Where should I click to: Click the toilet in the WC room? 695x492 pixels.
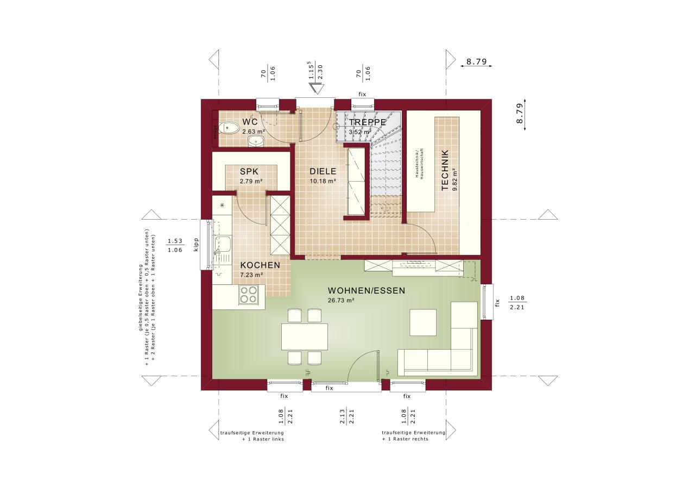[232, 128]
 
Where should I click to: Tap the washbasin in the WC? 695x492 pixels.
[255, 142]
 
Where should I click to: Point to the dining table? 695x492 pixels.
[304, 337]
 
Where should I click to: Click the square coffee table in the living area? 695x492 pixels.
[422, 322]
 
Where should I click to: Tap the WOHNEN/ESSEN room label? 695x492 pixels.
[366, 291]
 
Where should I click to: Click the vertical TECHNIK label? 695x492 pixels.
[445, 170]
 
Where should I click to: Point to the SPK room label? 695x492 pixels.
[249, 171]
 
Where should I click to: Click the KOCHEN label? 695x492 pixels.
[260, 265]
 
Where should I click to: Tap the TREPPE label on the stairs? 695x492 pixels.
[368, 122]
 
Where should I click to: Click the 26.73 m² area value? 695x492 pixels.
[341, 300]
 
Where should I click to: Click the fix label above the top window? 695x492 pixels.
[362, 94]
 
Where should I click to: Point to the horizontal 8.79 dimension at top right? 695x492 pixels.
[476, 62]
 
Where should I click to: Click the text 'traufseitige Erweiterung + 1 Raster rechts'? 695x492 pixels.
[413, 435]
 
